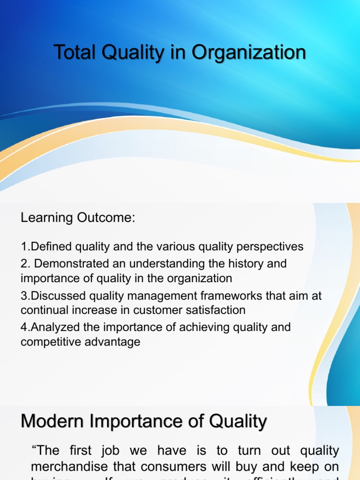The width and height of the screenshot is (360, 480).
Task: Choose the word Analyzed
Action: tap(50, 327)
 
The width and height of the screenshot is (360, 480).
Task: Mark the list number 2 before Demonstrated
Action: tap(24, 263)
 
